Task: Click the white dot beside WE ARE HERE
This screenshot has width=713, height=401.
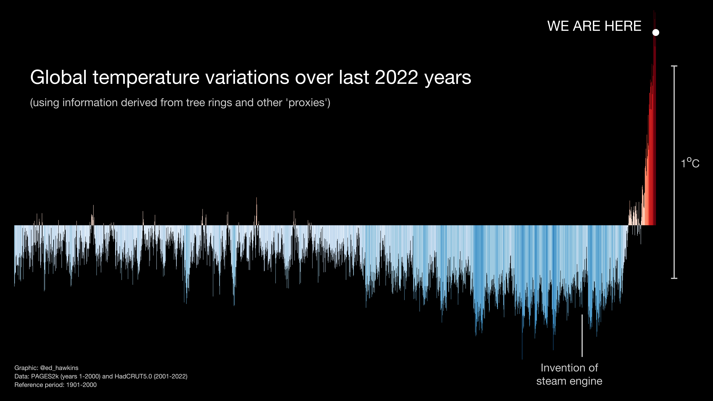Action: point(656,32)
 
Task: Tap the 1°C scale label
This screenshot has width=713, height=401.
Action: point(690,163)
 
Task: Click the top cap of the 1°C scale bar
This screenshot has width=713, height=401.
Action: point(674,66)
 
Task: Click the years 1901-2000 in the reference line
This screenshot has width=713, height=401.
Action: point(81,385)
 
